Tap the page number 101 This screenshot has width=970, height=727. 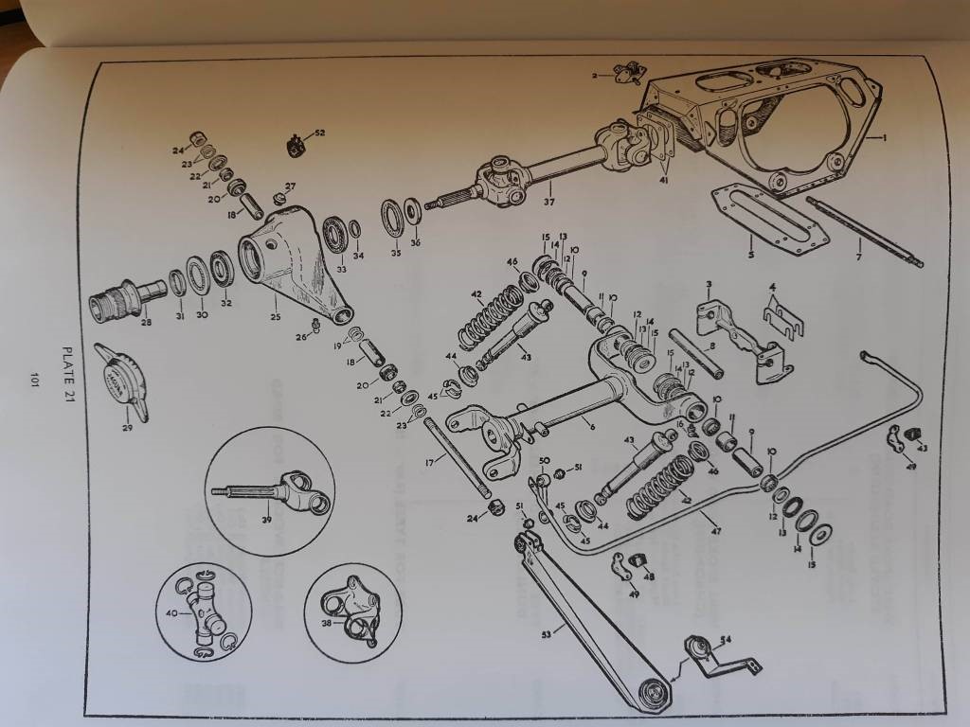pos(35,381)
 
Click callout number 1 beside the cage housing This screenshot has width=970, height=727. pos(884,139)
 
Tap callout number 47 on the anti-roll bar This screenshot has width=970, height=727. pos(716,531)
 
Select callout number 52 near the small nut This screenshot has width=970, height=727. pos(319,133)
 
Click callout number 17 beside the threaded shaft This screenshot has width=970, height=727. pos(431,461)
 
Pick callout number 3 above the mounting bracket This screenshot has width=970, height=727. pos(707,284)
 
